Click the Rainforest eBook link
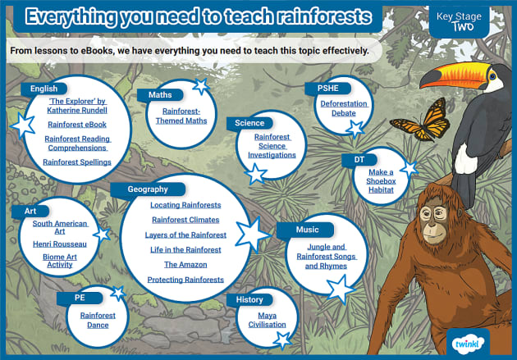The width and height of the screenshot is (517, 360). pyautogui.click(x=76, y=125)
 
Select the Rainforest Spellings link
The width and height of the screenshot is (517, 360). pyautogui.click(x=76, y=162)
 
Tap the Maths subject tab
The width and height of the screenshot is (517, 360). pyautogui.click(x=161, y=95)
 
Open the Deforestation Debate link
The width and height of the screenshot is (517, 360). pyautogui.click(x=344, y=109)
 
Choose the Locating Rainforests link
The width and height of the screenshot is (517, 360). pyautogui.click(x=185, y=204)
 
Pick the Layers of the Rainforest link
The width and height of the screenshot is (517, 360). pyautogui.click(x=185, y=235)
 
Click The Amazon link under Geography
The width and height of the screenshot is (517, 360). pyautogui.click(x=185, y=265)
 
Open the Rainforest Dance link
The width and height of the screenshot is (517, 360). pyautogui.click(x=98, y=320)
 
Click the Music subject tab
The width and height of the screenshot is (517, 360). pyautogui.click(x=308, y=230)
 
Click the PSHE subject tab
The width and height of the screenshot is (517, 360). pyautogui.click(x=317, y=88)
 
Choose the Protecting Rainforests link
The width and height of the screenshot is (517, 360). pyautogui.click(x=185, y=280)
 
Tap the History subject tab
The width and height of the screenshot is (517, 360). pyautogui.click(x=249, y=299)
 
